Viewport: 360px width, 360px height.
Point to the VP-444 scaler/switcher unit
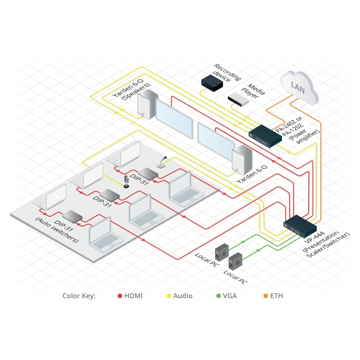(x=300, y=225)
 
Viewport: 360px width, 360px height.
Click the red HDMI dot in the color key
(x=120, y=296)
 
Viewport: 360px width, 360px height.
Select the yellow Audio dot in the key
(x=168, y=296)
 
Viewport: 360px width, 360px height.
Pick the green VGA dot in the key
(x=218, y=296)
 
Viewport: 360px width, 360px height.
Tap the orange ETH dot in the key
(x=266, y=296)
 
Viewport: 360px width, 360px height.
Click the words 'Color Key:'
(x=79, y=296)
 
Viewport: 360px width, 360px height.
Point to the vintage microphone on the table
(x=126, y=182)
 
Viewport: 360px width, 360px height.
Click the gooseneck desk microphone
(x=162, y=162)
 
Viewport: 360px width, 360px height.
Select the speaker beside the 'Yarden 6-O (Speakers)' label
(x=147, y=104)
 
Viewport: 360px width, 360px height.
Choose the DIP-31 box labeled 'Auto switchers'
(x=72, y=216)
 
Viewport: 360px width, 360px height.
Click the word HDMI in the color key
(x=134, y=296)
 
